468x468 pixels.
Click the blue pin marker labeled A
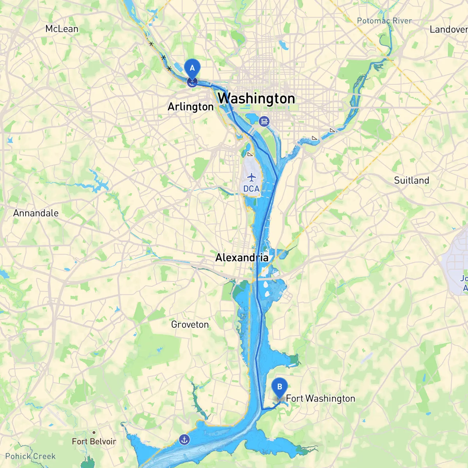(x=192, y=68)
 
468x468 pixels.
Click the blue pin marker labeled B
(x=280, y=387)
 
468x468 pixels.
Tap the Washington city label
(x=256, y=98)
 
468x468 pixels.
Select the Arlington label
(x=190, y=107)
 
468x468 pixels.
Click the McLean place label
(x=62, y=29)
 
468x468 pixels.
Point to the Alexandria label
(x=242, y=258)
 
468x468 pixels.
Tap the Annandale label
(x=36, y=213)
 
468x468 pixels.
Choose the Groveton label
(x=190, y=324)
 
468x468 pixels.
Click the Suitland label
(x=411, y=180)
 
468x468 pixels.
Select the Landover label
(x=448, y=30)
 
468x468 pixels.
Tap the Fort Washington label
(x=320, y=399)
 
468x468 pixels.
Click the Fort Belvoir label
(x=94, y=441)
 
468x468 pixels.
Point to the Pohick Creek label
(x=30, y=456)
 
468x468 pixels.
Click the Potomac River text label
(x=384, y=21)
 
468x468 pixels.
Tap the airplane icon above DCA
(x=252, y=178)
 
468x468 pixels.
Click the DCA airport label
(x=252, y=189)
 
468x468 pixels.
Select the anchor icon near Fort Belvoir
(x=184, y=439)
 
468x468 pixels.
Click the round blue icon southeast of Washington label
(x=264, y=121)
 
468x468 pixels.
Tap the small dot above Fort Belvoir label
(x=94, y=432)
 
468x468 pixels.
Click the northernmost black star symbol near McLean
(x=151, y=44)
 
